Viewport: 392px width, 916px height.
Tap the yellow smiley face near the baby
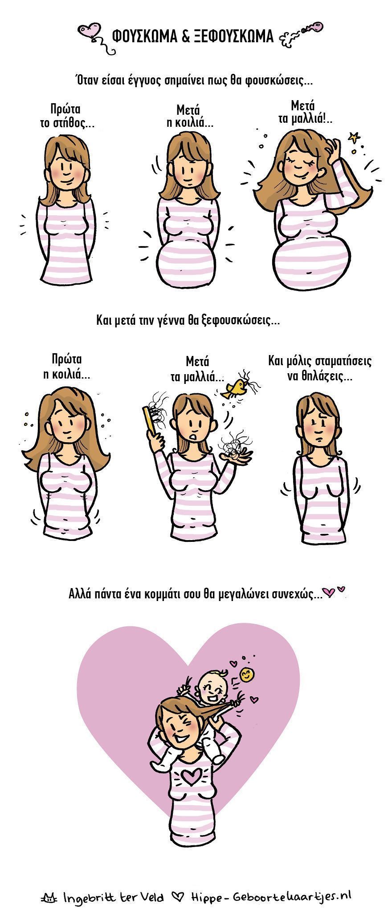245,675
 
